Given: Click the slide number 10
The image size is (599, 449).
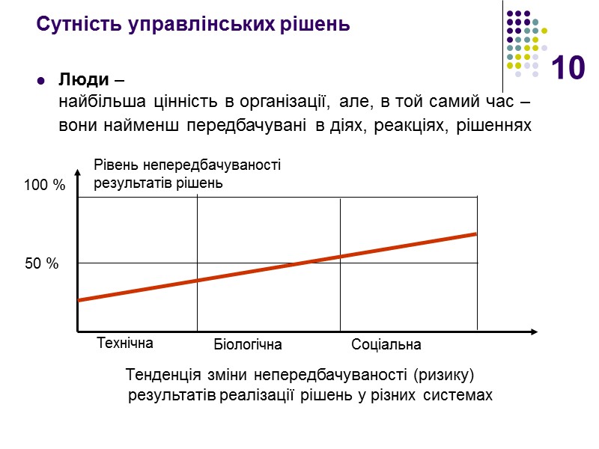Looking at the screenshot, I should [x=568, y=69].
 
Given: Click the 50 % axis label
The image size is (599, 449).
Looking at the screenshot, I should [x=42, y=264].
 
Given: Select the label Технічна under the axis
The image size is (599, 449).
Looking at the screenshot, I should [x=125, y=343].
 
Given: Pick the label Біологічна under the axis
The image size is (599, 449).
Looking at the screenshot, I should [x=248, y=345].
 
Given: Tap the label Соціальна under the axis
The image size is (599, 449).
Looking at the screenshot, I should [x=386, y=345].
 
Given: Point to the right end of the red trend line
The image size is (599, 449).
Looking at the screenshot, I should [x=476, y=234].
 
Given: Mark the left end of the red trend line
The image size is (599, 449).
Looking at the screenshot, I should [x=79, y=300].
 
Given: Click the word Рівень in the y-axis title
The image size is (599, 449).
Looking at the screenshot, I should [x=112, y=165].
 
